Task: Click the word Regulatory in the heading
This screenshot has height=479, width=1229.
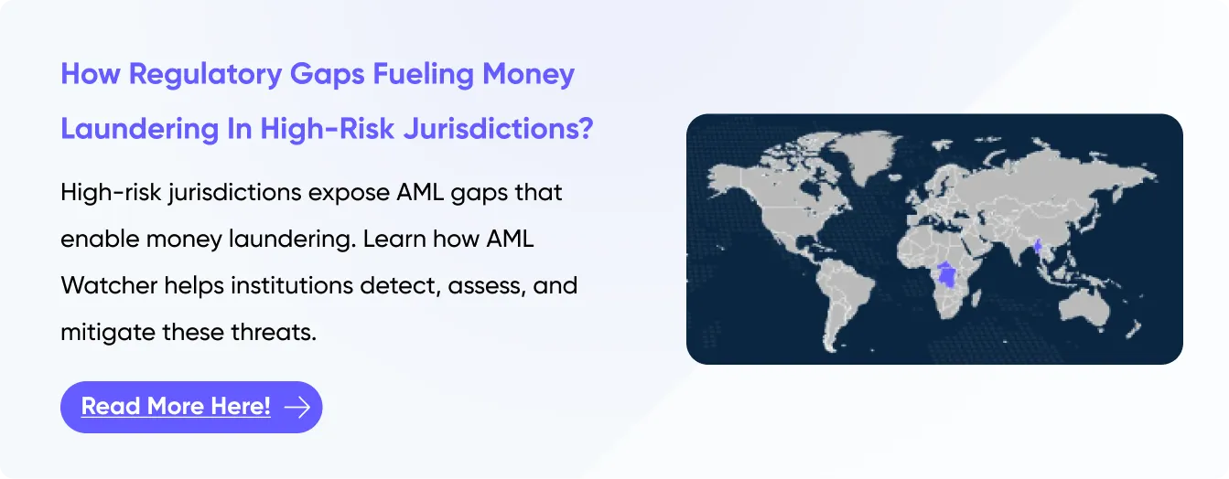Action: point(205,75)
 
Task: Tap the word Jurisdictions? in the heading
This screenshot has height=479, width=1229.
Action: point(498,129)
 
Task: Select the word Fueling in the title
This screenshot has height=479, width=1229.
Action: point(424,75)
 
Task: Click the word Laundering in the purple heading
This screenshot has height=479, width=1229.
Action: point(140,129)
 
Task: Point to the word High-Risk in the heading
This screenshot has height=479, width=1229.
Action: point(327,129)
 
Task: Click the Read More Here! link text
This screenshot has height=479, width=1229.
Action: point(176,406)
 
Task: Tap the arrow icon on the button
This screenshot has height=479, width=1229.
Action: point(297,407)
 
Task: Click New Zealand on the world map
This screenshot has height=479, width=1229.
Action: point(1134,331)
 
